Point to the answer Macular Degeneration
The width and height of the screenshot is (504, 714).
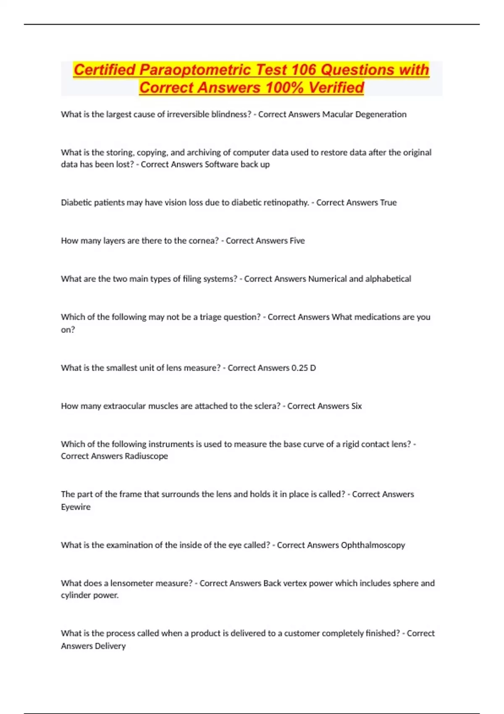364,114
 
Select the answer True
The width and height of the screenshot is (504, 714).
388,202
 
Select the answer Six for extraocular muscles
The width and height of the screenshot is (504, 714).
356,406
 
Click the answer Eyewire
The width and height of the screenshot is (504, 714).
76,507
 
